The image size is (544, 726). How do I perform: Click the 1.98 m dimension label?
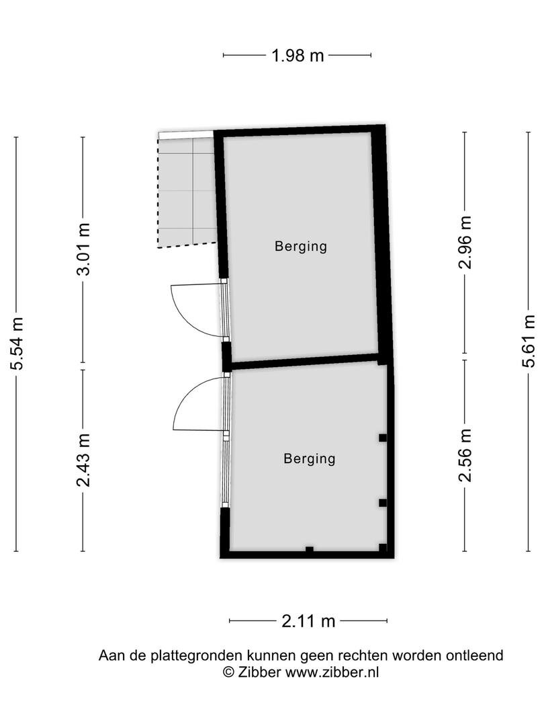[x=298, y=56]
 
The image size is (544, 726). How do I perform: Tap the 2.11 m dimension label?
[x=308, y=621]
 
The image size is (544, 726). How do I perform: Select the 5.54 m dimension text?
[x=17, y=344]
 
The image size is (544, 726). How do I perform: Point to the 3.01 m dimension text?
[x=83, y=249]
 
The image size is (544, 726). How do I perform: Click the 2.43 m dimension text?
[x=83, y=460]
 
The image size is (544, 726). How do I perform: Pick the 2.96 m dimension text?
[x=465, y=242]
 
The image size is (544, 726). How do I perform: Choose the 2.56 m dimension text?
[x=465, y=456]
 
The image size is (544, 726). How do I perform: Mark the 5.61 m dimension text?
[x=529, y=341]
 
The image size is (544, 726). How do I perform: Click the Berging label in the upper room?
[x=301, y=246]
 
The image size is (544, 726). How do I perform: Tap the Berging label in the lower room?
[x=310, y=459]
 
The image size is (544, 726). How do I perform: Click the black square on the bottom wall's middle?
[x=310, y=549]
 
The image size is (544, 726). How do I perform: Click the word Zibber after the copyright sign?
[x=259, y=672]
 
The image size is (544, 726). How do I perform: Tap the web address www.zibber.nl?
[x=332, y=672]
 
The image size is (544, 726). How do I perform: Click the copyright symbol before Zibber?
[x=228, y=672]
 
